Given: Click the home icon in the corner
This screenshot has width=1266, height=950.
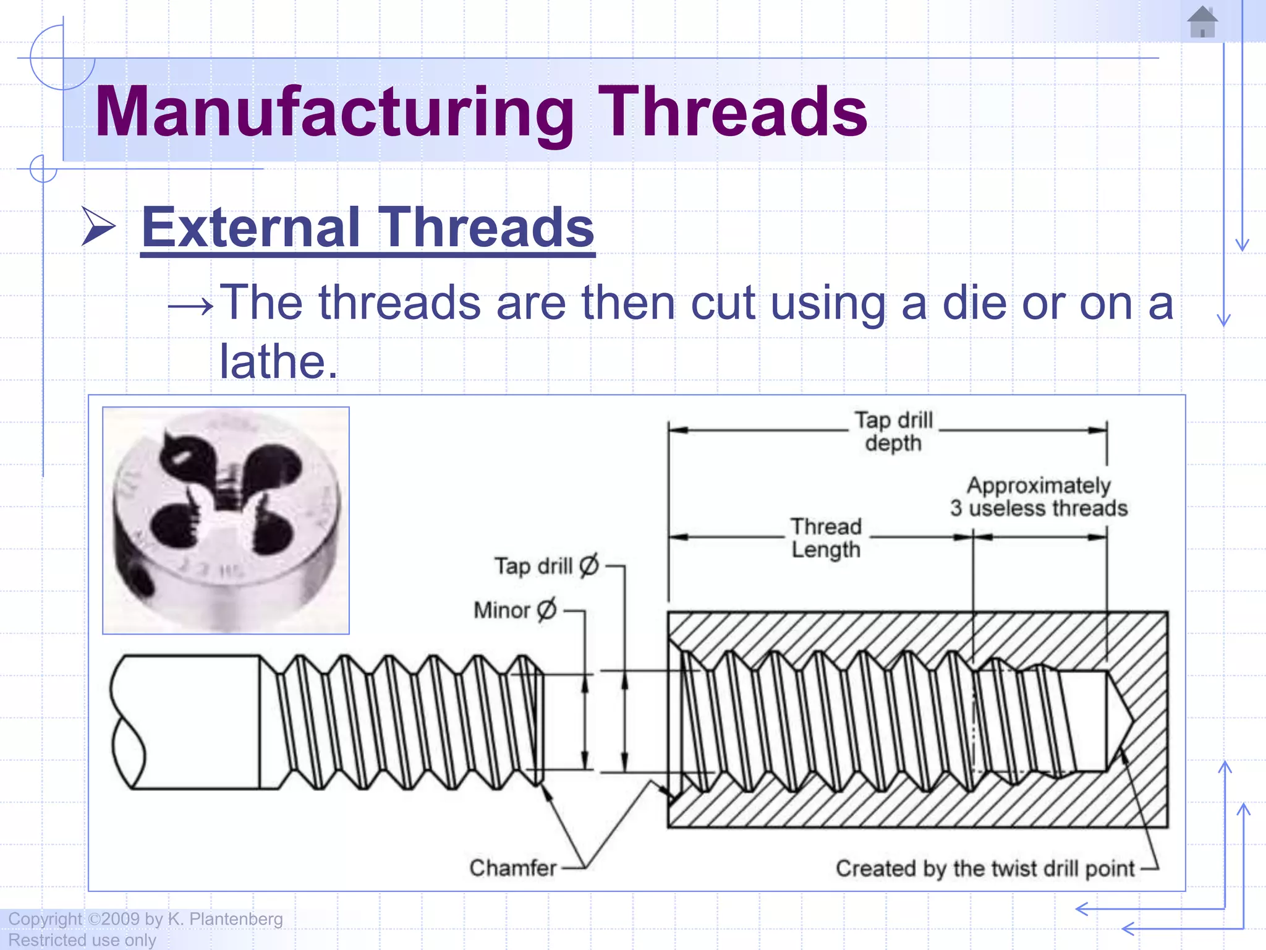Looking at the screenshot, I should (x=1202, y=22).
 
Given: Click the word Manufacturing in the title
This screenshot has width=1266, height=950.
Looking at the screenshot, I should (x=334, y=113).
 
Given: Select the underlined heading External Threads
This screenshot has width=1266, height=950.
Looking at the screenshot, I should (x=367, y=228).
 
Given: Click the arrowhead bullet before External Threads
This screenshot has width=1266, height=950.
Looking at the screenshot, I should (x=99, y=227).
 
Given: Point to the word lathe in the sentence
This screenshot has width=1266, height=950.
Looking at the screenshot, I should (x=278, y=361).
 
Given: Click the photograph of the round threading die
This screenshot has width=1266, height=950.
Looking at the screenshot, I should (x=226, y=520).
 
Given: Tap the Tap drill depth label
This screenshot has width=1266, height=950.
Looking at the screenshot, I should (x=893, y=431).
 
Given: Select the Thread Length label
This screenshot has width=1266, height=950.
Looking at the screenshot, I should (x=826, y=537).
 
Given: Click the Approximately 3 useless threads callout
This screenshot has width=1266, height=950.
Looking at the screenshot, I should (x=1039, y=497).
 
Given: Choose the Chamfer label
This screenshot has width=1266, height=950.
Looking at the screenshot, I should (x=512, y=868).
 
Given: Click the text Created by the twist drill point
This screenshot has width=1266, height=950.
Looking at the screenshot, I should (x=985, y=868).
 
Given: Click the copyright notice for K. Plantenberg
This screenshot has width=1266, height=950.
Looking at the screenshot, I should (x=146, y=919).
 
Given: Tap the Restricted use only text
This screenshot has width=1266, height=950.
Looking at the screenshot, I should (x=82, y=940).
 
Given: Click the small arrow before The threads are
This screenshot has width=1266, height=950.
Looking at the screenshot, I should (x=191, y=306).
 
